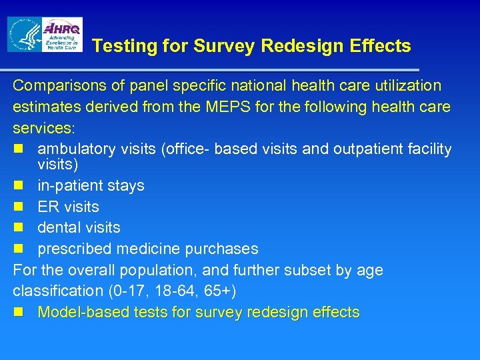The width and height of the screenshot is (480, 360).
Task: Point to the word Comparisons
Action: click(x=57, y=86)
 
